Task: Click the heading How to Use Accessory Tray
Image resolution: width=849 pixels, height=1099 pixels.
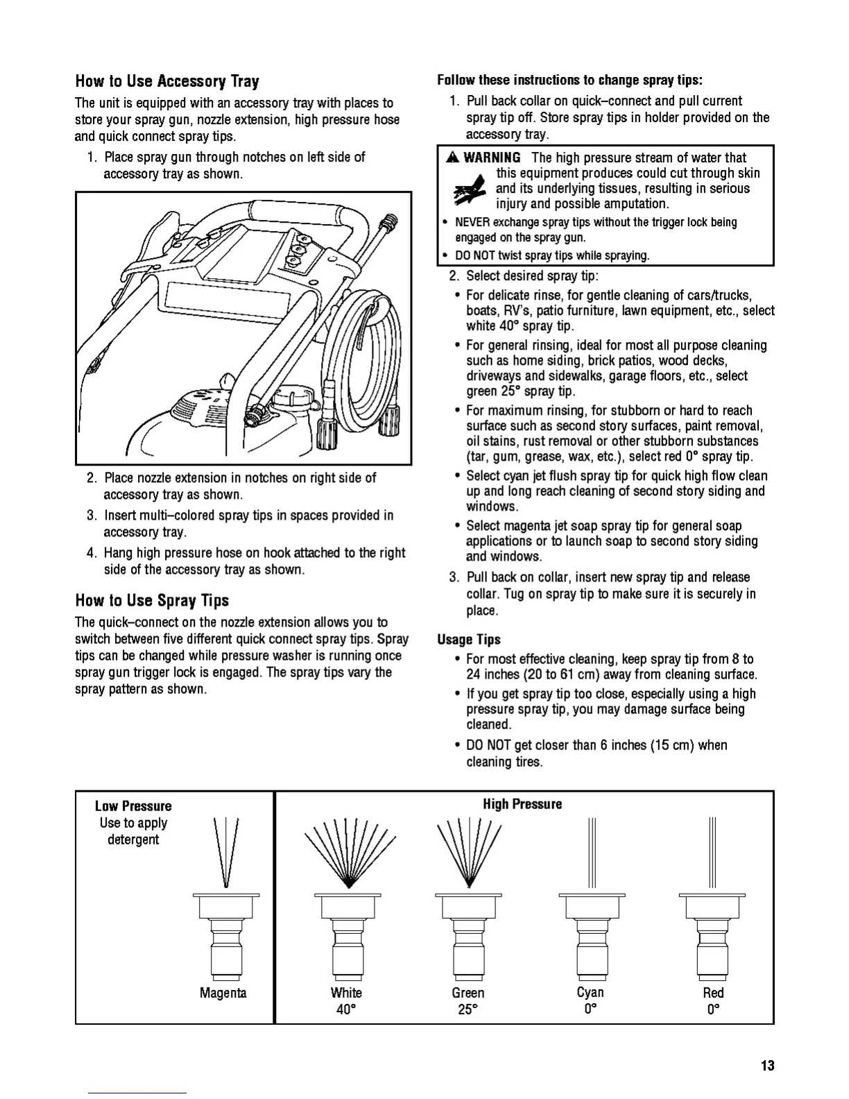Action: tap(167, 82)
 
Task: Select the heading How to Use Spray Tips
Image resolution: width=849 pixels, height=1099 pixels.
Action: tap(152, 600)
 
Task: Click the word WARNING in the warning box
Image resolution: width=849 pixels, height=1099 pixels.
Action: tap(492, 157)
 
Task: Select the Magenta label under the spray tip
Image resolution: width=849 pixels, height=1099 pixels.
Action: tap(223, 993)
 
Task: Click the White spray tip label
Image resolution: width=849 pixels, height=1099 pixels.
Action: tap(346, 993)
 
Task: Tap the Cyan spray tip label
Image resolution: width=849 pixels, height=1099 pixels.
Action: tap(590, 993)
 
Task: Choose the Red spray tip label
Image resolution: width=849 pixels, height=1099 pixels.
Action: tap(713, 993)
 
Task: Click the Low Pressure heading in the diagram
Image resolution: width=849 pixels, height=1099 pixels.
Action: tap(133, 806)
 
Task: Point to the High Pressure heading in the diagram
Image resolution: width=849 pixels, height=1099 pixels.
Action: tap(522, 805)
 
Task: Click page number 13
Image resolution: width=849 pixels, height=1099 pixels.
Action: tap(766, 1066)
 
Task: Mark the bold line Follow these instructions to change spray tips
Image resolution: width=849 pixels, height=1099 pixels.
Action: tap(569, 80)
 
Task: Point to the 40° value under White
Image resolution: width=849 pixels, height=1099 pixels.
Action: tap(346, 1009)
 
